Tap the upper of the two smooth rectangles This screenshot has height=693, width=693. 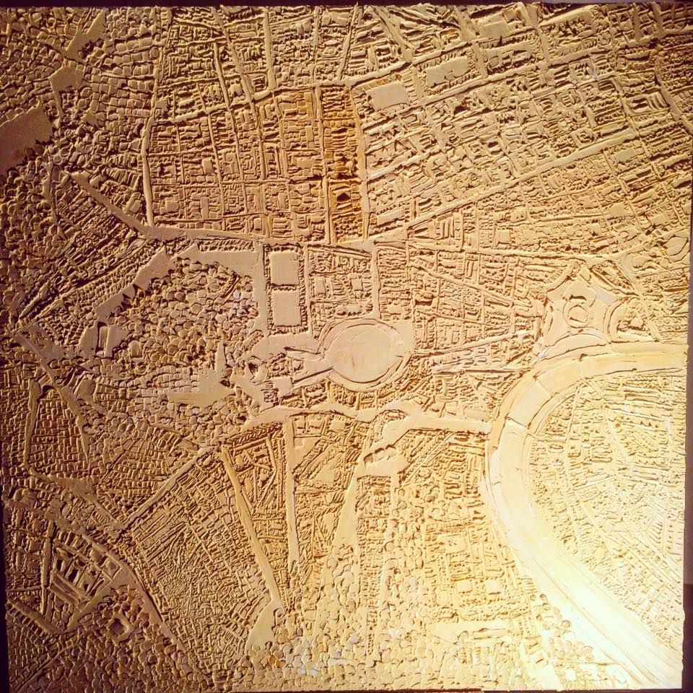click(x=283, y=269)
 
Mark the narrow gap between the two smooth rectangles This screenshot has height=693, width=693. click(x=284, y=288)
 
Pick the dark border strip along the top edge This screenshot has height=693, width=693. click(x=346, y=2)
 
